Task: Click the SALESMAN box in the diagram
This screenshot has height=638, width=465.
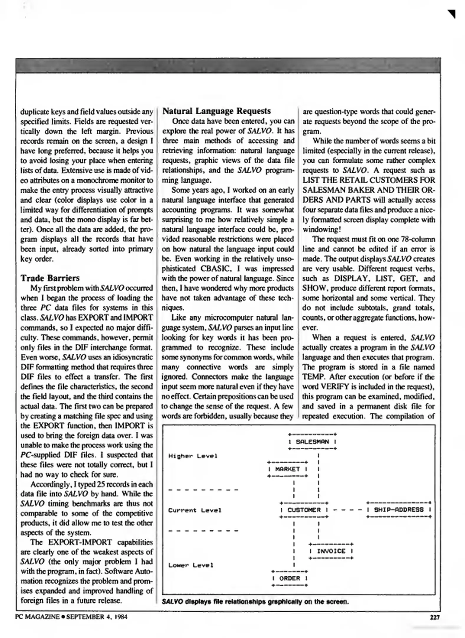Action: pos(312,442)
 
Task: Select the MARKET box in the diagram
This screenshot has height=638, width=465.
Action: pos(287,469)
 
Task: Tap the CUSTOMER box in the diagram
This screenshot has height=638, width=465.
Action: pos(304,510)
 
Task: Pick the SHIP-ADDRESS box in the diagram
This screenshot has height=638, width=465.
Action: pos(399,510)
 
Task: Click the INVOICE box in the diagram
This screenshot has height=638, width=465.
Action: pos(331,551)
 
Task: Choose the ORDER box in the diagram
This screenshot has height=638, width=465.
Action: pos(290,578)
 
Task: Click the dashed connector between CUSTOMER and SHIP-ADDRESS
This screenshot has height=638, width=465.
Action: pos(347,510)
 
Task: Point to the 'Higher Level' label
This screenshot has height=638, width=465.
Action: pos(193,456)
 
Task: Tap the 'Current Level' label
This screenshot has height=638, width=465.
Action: pos(195,510)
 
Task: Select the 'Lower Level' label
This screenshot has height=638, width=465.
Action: pos(190,565)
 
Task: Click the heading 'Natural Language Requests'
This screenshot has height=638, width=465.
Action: pos(216,111)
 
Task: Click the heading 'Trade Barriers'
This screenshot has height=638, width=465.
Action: pos(50,278)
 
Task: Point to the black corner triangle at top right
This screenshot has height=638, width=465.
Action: pos(452,14)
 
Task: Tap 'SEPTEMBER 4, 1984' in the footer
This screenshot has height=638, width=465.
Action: pos(97,617)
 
